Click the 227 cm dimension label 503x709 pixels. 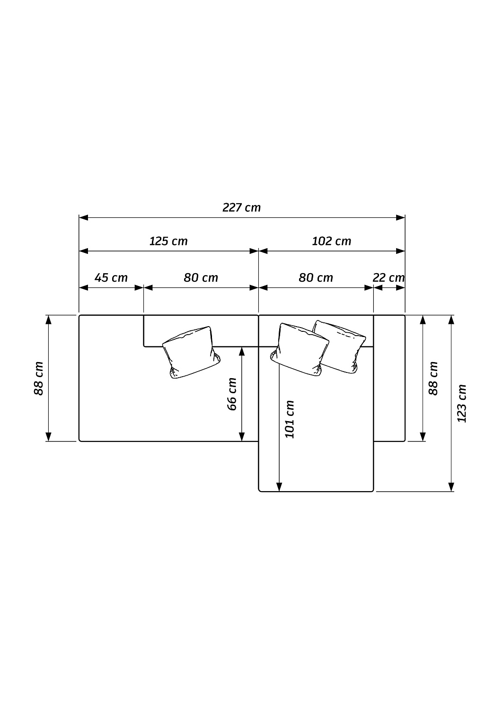coord(241,208)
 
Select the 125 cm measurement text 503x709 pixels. coord(168,242)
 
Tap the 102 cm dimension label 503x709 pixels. coord(332,242)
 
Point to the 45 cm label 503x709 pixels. coord(111,278)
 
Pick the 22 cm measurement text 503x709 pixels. coord(388,278)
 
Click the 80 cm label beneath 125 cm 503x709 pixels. coord(201,278)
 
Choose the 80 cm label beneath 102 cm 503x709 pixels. coord(316,278)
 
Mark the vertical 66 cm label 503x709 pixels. coord(232,394)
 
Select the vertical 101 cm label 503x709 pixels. coord(290,419)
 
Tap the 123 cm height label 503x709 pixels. coord(462,404)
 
